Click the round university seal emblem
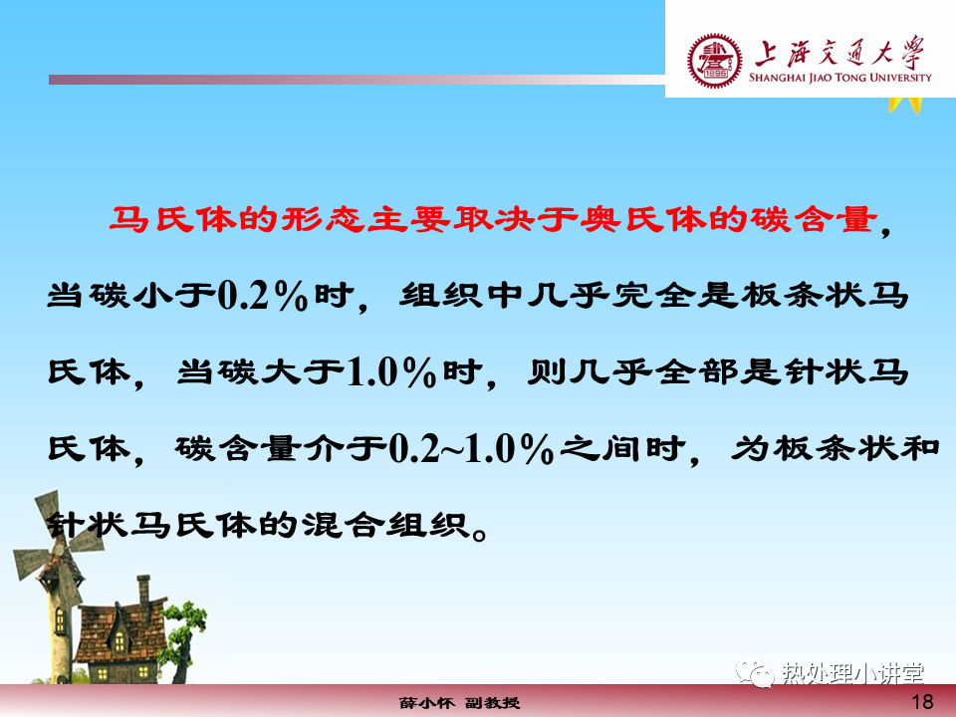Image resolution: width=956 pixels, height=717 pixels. (x=715, y=61)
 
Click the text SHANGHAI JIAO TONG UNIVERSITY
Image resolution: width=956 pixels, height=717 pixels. (x=840, y=78)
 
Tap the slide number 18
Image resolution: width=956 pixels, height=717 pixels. (x=922, y=702)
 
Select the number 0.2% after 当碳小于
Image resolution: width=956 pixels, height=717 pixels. (x=262, y=296)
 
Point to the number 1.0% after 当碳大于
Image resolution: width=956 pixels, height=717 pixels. (x=391, y=371)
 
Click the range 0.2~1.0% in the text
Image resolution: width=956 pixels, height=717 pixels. (x=471, y=449)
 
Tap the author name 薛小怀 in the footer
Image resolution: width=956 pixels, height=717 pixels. (x=427, y=703)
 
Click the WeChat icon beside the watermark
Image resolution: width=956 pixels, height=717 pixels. (x=755, y=672)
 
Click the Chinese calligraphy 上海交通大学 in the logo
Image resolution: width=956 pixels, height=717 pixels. (x=839, y=52)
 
